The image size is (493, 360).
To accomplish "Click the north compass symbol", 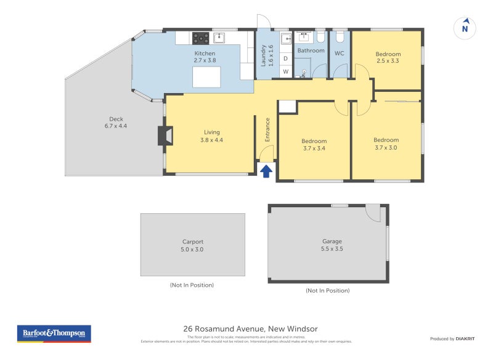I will point(465,28).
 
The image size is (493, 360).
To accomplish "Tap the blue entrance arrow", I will point(266,171).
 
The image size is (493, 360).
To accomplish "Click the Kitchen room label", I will point(205,57).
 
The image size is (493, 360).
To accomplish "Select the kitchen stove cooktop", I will point(200,38).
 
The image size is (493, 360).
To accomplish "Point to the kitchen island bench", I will point(206,78).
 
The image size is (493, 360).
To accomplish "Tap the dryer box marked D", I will point(285,59).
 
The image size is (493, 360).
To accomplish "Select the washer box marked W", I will point(285,72).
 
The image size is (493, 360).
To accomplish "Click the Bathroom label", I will point(311,51).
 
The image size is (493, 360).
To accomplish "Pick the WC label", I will point(339,53).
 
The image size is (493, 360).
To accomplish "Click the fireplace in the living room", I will point(165,136).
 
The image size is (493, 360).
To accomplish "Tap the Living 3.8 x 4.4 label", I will point(211,136).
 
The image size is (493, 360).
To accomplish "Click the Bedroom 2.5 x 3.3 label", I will point(388,57).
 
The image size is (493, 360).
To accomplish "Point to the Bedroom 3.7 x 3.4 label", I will point(314,144).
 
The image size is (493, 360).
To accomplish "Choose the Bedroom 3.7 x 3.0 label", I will point(386,143).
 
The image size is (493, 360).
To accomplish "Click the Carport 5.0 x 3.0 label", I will point(192,245).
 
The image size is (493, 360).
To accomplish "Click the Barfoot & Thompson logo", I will point(54,333).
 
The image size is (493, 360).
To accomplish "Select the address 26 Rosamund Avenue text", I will point(250,329).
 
